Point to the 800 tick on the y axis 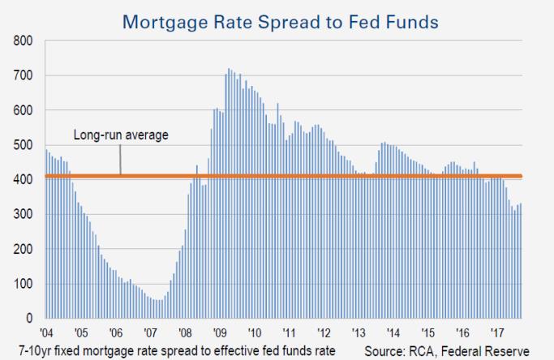23,41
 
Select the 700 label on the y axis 23,75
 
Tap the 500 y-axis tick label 23,145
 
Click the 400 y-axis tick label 23,180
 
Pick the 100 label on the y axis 23,284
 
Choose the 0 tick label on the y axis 28,319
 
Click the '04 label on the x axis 46,332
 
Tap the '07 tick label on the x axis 151,332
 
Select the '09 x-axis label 220,332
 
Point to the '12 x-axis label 324,332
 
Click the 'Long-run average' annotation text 122,135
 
